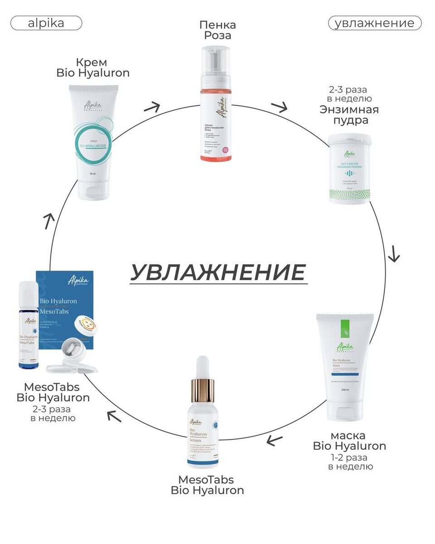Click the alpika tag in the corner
click(46, 23)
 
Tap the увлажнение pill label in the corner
click(374, 23)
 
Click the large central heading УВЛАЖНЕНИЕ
click(218, 272)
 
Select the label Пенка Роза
click(217, 30)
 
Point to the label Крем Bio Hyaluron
click(93, 67)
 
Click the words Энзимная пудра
click(349, 115)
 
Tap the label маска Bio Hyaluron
click(349, 441)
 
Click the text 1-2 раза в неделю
click(349, 461)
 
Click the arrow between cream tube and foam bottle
click(152, 107)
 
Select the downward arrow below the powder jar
click(394, 254)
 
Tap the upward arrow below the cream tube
click(49, 221)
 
